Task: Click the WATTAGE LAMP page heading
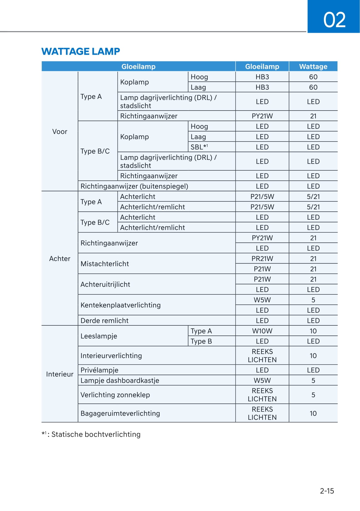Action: point(81,51)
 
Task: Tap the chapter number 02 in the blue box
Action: point(334,20)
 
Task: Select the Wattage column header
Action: point(313,66)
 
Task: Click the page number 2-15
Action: point(327,491)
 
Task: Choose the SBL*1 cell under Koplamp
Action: point(199,147)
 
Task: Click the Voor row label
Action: point(60,132)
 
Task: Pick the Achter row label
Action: point(60,259)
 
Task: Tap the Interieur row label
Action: point(60,374)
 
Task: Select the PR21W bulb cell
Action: point(262,259)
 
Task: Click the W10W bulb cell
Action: point(262,331)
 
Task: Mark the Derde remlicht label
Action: point(104,321)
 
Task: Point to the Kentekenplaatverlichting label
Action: point(120,305)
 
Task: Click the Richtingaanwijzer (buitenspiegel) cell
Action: point(134,186)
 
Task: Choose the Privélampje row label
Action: point(99,370)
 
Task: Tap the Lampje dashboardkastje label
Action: point(120,381)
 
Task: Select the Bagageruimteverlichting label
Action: point(120,413)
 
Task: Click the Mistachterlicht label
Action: point(105,264)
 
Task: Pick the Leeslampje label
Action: point(99,336)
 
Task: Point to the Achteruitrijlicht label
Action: point(105,285)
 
